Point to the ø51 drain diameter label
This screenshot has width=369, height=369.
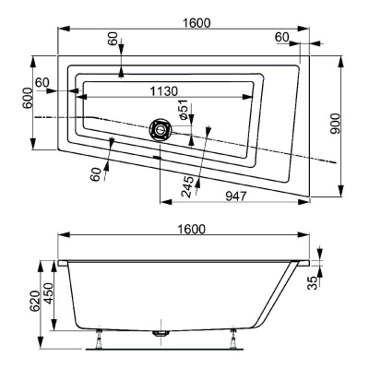(x=184, y=111)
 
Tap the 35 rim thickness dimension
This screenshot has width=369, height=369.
(x=313, y=281)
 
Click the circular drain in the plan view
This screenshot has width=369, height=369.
(x=161, y=129)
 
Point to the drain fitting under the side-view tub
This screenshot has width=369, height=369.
(x=160, y=334)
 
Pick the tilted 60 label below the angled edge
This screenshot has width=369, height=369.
(x=96, y=173)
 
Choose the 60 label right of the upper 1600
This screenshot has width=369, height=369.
(x=281, y=36)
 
